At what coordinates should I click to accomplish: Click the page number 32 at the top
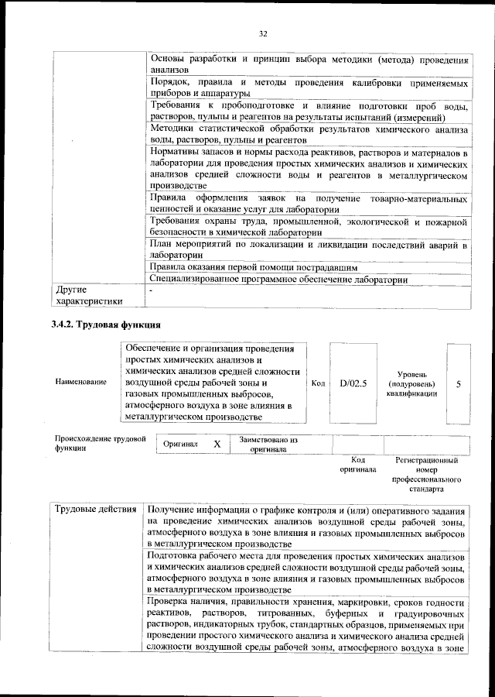262,34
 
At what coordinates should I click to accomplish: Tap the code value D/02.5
353,383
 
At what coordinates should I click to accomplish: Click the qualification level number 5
459,383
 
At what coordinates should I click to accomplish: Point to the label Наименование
81,383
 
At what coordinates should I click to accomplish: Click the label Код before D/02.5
318,383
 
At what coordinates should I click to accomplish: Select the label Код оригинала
357,465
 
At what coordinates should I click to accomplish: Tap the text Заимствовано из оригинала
268,445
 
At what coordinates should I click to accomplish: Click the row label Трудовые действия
97,510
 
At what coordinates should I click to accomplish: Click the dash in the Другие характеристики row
152,290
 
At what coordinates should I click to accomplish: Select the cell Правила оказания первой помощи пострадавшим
253,267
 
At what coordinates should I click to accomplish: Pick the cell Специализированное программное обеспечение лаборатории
278,279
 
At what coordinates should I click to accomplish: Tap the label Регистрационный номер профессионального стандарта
426,475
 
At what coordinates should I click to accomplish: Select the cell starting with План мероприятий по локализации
309,250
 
